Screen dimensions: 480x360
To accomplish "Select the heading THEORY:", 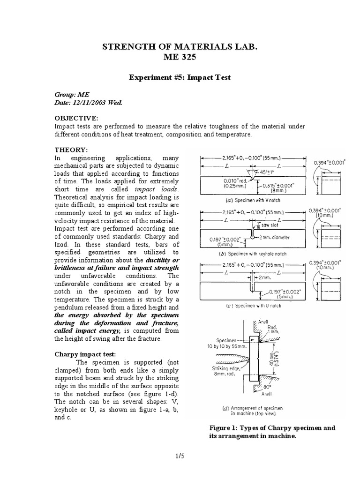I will click(71, 150).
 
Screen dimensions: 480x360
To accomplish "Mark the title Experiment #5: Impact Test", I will click(180, 77).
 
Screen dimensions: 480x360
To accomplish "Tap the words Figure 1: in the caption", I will click(224, 427).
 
